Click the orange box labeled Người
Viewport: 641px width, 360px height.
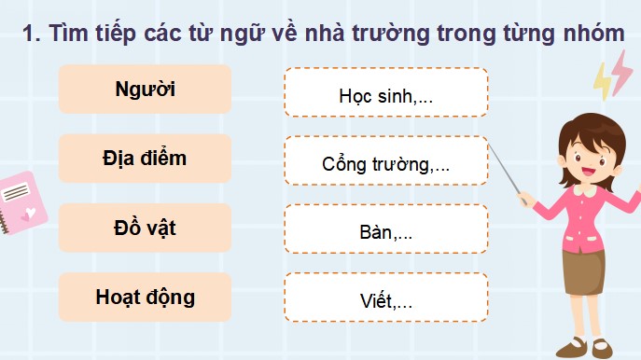pyautogui.click(x=145, y=90)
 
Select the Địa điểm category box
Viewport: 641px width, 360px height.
pyautogui.click(x=145, y=159)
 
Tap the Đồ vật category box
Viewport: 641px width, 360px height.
pyautogui.click(x=145, y=228)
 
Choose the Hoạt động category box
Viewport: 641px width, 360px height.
pyautogui.click(x=145, y=298)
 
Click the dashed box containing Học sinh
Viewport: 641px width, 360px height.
pyautogui.click(x=385, y=92)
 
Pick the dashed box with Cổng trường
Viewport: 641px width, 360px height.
pyautogui.click(x=385, y=161)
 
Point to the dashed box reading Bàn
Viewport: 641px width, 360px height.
pyautogui.click(x=385, y=230)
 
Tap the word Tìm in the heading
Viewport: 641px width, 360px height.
pyautogui.click(x=69, y=34)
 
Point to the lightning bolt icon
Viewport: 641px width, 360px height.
pyautogui.click(x=612, y=75)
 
